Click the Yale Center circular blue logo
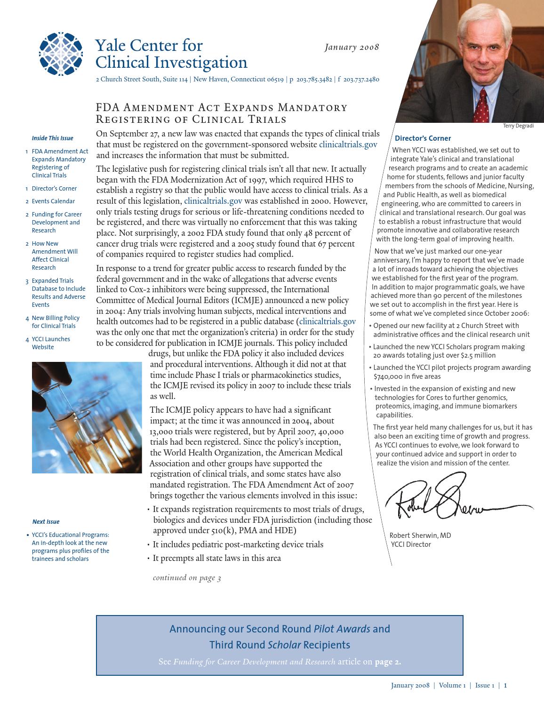(60, 54)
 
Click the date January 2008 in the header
(352, 47)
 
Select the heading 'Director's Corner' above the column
(423, 138)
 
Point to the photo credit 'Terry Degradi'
(518, 126)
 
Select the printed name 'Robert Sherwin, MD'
(420, 536)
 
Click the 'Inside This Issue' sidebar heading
(52, 138)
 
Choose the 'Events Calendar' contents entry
(53, 201)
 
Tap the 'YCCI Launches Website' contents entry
(51, 343)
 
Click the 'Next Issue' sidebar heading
(46, 522)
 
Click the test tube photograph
(87, 417)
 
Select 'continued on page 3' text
(187, 578)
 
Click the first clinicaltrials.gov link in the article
(348, 144)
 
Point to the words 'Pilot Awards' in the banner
(342, 629)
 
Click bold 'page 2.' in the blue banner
(388, 662)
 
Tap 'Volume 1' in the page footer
(452, 686)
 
